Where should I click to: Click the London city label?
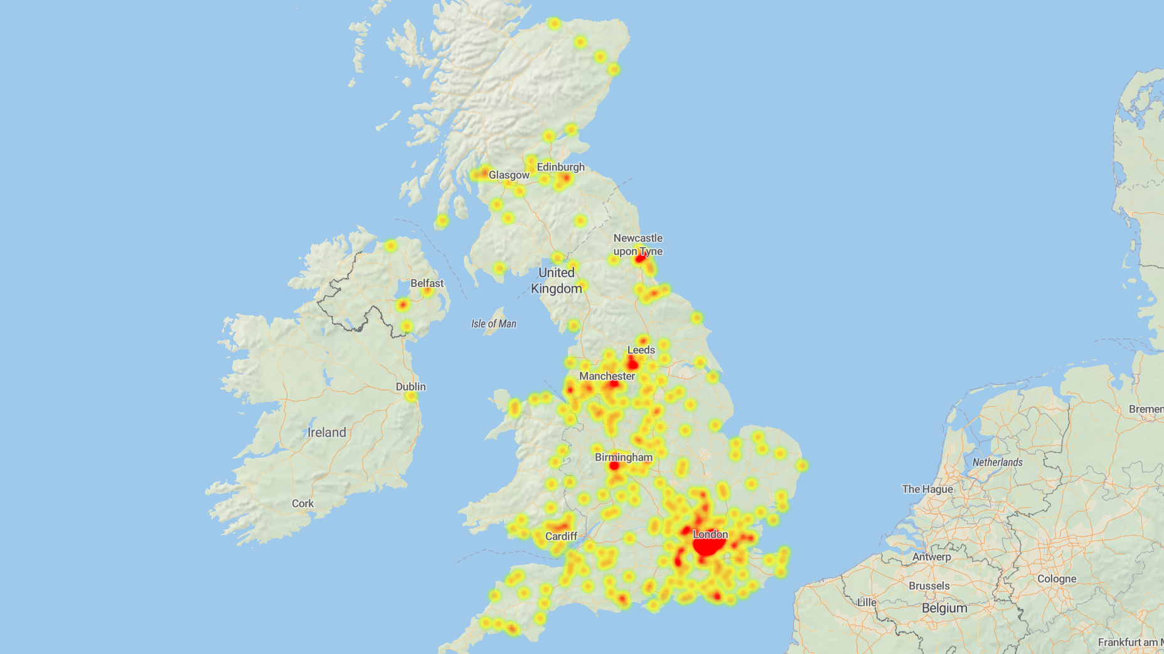point(710,534)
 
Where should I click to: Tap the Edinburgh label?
point(560,167)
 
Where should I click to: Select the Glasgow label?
point(509,175)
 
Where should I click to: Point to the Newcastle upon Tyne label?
point(638,245)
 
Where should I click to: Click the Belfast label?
point(427,283)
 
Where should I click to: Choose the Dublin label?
point(410,387)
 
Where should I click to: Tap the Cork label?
point(302,504)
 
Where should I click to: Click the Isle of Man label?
point(494,324)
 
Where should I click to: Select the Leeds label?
point(641,350)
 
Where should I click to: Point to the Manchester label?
point(607,376)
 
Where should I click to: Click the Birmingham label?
point(623,457)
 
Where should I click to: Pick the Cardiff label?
point(561,536)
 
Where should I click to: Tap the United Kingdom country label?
point(557,280)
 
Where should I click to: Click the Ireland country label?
point(326,433)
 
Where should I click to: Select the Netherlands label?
point(997,462)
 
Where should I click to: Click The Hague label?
point(927,489)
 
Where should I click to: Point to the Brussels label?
point(929,586)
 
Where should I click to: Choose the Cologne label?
point(1057,579)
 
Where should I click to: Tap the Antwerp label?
point(931,557)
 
